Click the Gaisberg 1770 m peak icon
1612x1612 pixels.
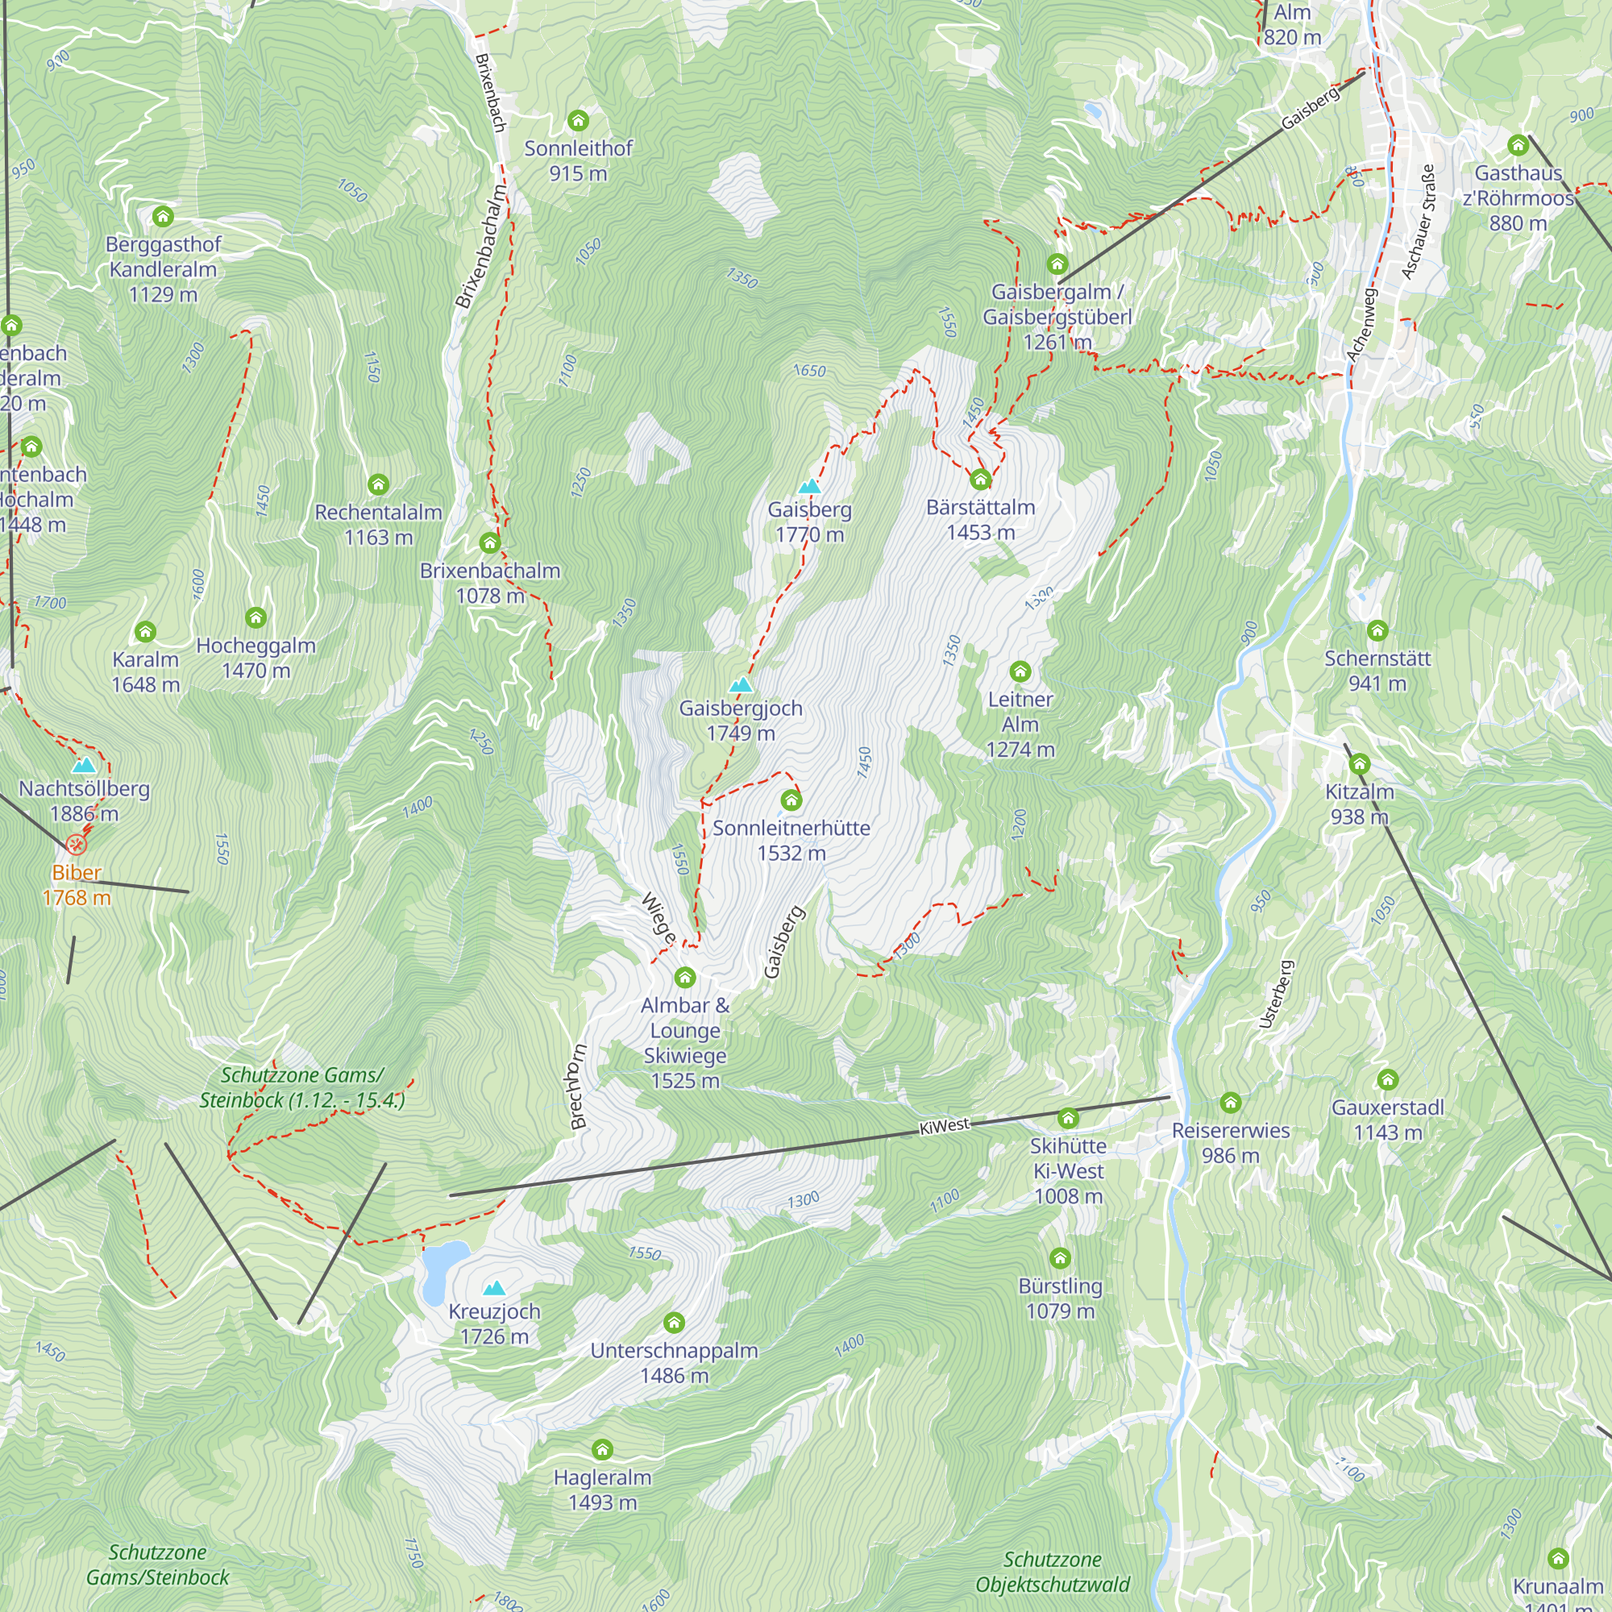click(x=809, y=487)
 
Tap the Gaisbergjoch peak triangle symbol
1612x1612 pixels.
click(x=740, y=685)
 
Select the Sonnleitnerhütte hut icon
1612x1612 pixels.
click(x=791, y=801)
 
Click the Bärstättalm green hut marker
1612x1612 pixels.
click(x=980, y=480)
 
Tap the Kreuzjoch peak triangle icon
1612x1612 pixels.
click(x=494, y=1288)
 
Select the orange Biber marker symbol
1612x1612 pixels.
click(x=76, y=845)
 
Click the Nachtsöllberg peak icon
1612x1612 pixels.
click(x=84, y=765)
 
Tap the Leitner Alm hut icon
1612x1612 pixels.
click(x=1020, y=671)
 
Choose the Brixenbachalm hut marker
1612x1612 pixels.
click(x=490, y=544)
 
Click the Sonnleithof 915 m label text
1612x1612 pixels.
click(x=577, y=160)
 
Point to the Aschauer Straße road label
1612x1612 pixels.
click(x=1419, y=222)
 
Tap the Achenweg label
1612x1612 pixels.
click(x=1361, y=326)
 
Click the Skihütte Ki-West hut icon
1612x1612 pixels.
click(x=1068, y=1118)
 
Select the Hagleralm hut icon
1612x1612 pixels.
click(x=601, y=1449)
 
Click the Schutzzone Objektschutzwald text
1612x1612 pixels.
click(x=1052, y=1572)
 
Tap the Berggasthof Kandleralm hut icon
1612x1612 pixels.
click(x=163, y=217)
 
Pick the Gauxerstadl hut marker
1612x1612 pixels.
click(x=1388, y=1080)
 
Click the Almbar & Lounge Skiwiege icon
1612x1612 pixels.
click(x=685, y=977)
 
